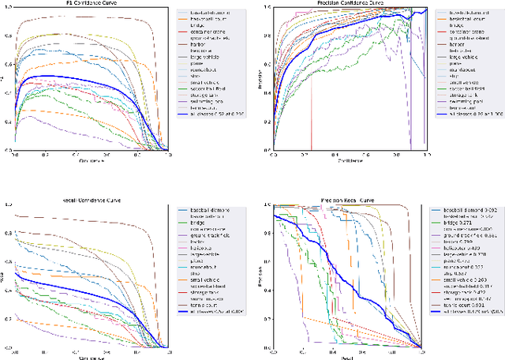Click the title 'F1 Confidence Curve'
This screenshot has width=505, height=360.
(87, 3)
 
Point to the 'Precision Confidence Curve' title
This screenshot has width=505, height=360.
(346, 3)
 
